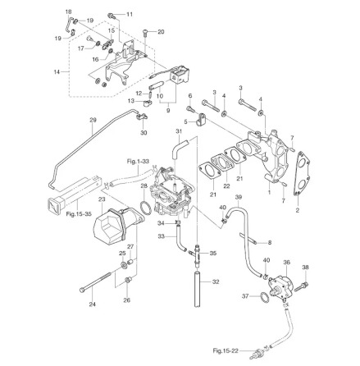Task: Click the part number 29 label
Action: [93, 120]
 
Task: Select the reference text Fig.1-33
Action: [138, 162]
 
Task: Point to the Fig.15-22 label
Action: [225, 351]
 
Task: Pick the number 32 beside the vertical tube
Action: [216, 281]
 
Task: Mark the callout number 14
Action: [57, 72]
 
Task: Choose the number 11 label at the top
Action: [129, 15]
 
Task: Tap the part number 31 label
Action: [178, 130]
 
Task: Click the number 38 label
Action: [305, 267]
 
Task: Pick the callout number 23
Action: [102, 199]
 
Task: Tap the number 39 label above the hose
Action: [238, 198]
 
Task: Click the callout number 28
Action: [144, 185]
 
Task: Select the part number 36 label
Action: [286, 263]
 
